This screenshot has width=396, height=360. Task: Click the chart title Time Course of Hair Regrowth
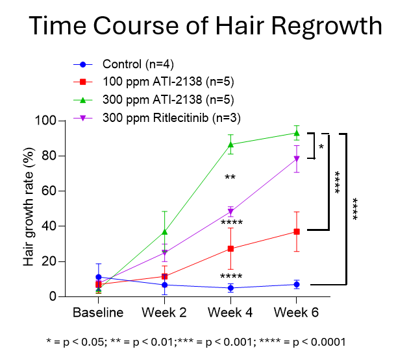pyautogui.click(x=205, y=27)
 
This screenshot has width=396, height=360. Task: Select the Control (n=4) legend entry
pyautogui.click(x=138, y=64)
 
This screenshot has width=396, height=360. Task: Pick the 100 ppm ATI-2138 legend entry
pyautogui.click(x=167, y=82)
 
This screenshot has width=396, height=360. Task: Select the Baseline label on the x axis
pyautogui.click(x=98, y=313)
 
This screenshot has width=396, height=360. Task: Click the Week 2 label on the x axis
pyautogui.click(x=164, y=313)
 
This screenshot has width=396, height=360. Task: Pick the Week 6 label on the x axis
pyautogui.click(x=296, y=313)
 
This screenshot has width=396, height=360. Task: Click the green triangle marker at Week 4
pyautogui.click(x=230, y=144)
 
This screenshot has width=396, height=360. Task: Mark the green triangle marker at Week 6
pyautogui.click(x=296, y=132)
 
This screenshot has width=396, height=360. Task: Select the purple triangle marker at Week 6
pyautogui.click(x=296, y=159)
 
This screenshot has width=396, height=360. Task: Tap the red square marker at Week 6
pyautogui.click(x=296, y=232)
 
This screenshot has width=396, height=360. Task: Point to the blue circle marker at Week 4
pyautogui.click(x=230, y=288)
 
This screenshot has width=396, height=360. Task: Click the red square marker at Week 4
pyautogui.click(x=230, y=248)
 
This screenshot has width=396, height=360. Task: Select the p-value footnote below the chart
pyautogui.click(x=196, y=341)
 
